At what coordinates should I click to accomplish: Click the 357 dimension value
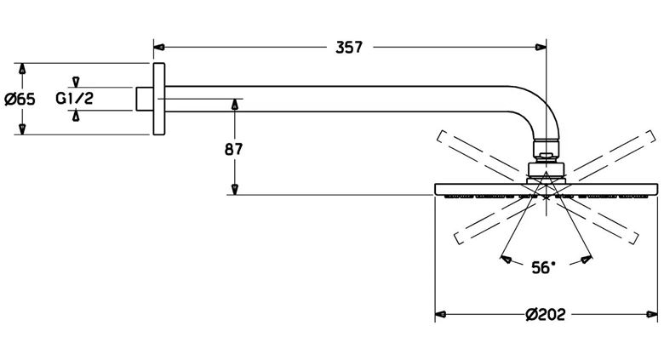349,47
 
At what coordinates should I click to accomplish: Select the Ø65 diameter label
20,99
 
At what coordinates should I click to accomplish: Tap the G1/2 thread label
75,99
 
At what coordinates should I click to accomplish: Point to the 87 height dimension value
234,149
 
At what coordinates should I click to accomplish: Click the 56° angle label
543,267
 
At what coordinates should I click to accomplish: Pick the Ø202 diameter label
546,314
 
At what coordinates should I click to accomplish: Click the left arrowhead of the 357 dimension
159,47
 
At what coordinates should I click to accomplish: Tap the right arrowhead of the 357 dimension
541,47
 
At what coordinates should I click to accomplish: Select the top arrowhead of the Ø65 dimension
22,69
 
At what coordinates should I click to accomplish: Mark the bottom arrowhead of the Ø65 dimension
22,129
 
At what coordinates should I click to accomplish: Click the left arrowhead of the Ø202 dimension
440,314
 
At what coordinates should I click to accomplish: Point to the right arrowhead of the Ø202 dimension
652,314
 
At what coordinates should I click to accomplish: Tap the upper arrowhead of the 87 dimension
235,104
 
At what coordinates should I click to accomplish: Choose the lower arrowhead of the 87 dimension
235,189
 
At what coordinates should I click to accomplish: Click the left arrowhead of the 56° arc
506,259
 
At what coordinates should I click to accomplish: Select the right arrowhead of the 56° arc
587,259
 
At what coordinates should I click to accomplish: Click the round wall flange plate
159,99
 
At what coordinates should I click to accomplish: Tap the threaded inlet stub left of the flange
145,99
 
